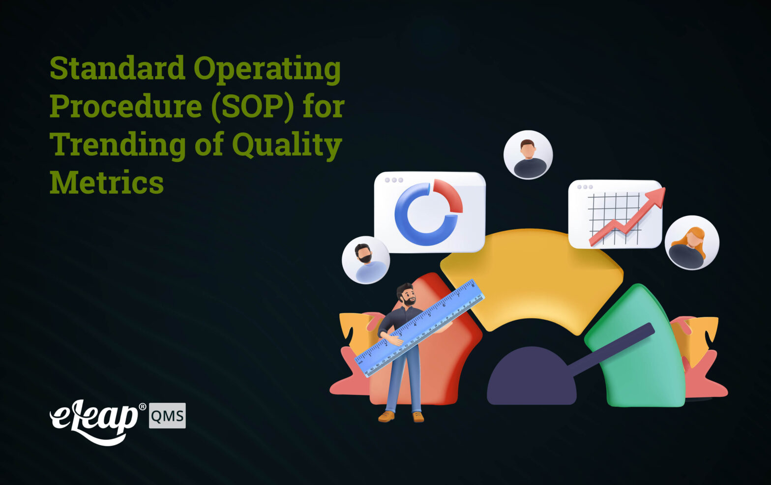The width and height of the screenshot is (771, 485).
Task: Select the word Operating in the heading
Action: pos(267,69)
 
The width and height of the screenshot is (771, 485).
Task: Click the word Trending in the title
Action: pos(118,145)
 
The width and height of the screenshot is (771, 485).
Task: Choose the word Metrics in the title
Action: pos(107,182)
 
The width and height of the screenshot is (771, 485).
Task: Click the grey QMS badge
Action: pos(167,416)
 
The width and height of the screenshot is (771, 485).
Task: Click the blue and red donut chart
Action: pos(428,212)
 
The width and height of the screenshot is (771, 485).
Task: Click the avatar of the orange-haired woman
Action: pos(692,242)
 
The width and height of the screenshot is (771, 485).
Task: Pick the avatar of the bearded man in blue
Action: pos(366,260)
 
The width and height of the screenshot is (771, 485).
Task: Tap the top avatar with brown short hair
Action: pos(528,155)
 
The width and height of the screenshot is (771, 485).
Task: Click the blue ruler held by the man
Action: pos(420,327)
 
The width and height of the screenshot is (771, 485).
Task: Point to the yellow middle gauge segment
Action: pos(531,275)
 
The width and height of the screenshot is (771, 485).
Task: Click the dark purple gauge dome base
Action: pos(531,379)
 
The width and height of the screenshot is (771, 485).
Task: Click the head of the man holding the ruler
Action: pos(406,294)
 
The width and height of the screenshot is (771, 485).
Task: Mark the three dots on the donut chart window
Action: pos(394,180)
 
